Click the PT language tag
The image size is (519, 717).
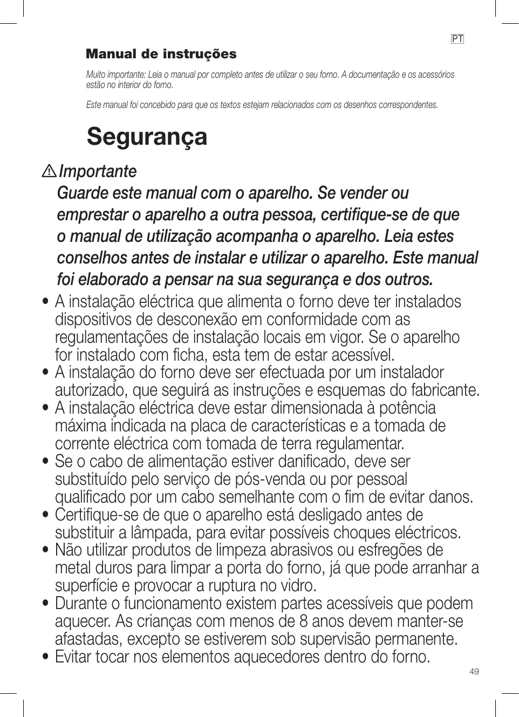457,39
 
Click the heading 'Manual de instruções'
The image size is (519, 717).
161,54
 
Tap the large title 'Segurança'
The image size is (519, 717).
147,136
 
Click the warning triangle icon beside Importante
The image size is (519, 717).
50,172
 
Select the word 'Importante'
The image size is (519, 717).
98,171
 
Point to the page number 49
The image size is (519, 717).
474,671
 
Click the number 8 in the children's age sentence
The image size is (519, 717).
304,621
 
